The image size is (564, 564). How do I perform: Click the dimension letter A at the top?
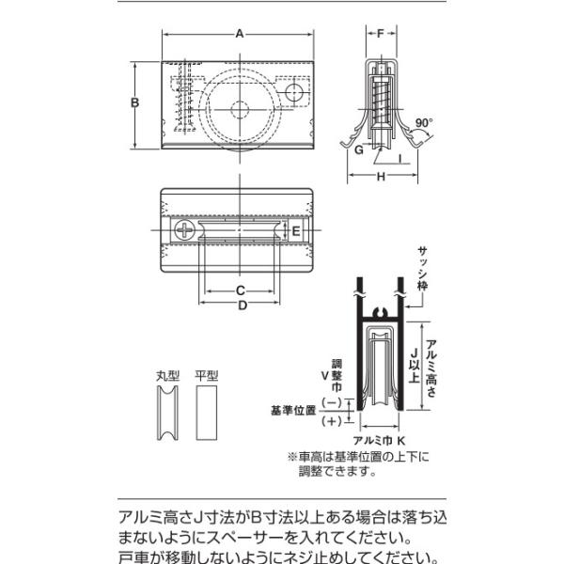click(x=240, y=34)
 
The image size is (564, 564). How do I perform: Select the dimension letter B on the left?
click(x=134, y=102)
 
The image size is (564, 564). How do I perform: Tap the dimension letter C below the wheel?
click(x=241, y=290)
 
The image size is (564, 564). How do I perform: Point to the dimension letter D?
click(x=243, y=305)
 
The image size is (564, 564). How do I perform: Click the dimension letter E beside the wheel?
click(x=296, y=231)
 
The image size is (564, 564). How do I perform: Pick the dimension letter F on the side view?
click(x=381, y=34)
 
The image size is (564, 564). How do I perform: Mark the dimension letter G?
click(x=359, y=149)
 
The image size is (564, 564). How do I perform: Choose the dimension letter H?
click(x=381, y=177)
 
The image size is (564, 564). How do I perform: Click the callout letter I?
click(x=400, y=159)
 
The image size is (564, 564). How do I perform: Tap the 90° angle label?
click(x=423, y=122)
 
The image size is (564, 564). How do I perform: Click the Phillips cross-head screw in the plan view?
click(x=185, y=230)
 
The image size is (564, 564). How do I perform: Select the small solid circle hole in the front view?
click(x=294, y=92)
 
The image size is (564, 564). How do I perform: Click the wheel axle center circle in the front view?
click(x=240, y=110)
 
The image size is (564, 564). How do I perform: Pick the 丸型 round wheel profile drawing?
click(x=167, y=413)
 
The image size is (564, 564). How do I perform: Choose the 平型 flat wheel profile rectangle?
click(x=207, y=413)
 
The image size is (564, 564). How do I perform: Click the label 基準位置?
click(x=293, y=411)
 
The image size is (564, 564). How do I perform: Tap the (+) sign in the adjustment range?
click(x=331, y=421)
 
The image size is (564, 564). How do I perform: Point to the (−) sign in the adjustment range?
click(x=331, y=402)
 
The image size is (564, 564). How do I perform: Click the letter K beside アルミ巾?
click(x=401, y=440)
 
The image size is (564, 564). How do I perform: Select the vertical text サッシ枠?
click(x=422, y=268)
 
